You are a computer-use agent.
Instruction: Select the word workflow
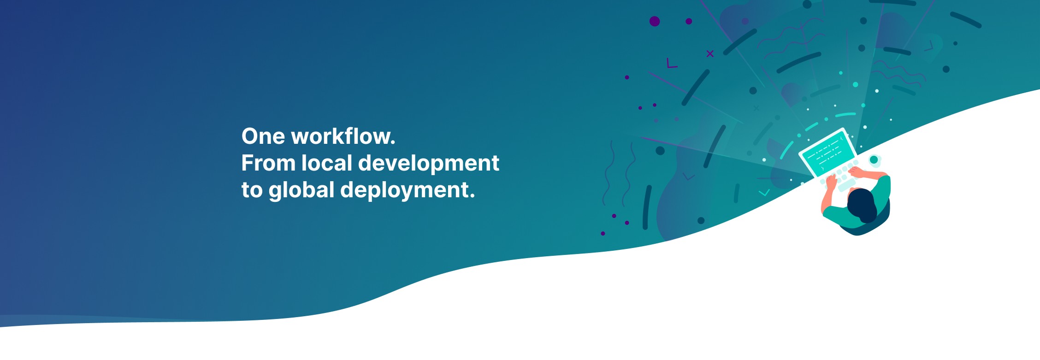pos(343,136)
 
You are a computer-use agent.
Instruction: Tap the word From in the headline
pos(268,163)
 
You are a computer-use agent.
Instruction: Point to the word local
pos(327,163)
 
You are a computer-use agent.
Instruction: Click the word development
pos(429,164)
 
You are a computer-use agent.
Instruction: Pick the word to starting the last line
pos(252,190)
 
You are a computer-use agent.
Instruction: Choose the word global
pos(301,190)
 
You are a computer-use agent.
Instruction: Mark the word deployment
pos(408,190)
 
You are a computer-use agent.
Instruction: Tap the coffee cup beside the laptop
pos(874,160)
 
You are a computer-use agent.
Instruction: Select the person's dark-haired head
pos(861,205)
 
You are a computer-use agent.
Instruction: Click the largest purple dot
pos(655,21)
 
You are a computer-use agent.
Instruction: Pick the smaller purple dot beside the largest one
pos(689,21)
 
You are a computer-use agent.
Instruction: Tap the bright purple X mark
pos(710,54)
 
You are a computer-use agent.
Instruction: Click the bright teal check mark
pos(764,193)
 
